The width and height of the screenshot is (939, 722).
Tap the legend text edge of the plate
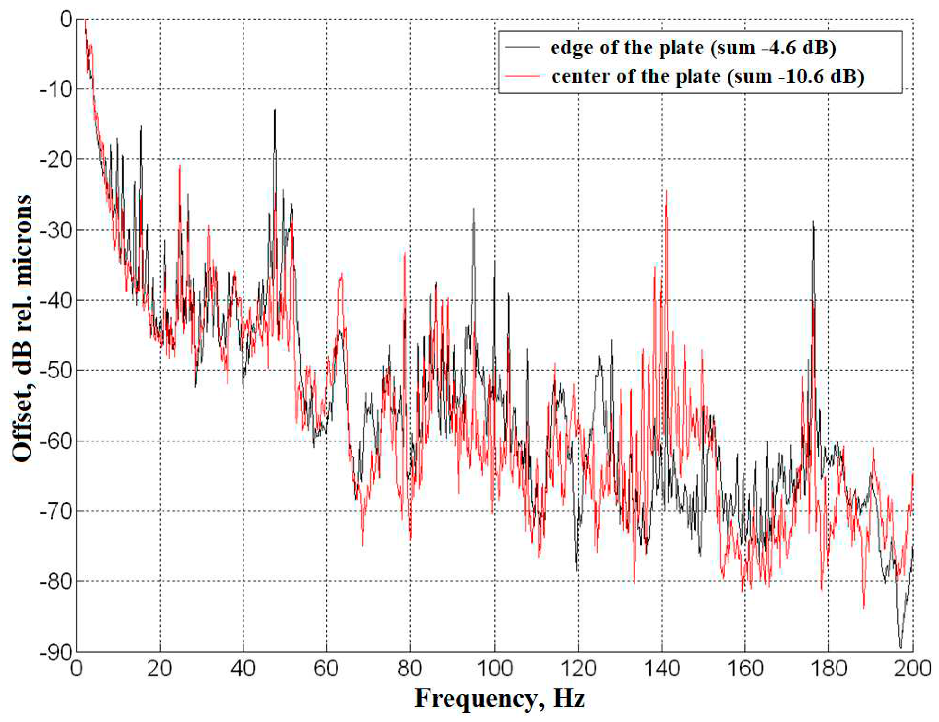(693, 48)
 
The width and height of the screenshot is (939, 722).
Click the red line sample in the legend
(522, 76)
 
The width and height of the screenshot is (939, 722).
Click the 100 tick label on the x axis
(494, 669)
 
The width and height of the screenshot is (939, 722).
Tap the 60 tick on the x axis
(327, 669)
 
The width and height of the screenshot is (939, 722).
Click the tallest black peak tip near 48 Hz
(275, 110)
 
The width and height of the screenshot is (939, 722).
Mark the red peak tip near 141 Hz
(666, 190)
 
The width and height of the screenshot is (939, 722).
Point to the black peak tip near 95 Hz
(473, 208)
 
